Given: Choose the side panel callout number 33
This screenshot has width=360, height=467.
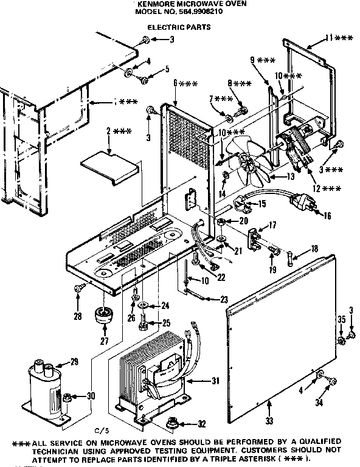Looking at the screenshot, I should pyautogui.click(x=268, y=419).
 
